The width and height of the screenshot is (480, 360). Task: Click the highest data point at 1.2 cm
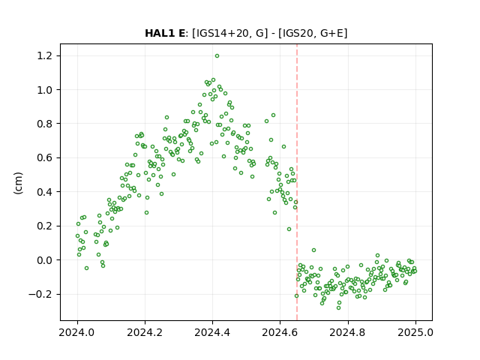[x=217, y=56]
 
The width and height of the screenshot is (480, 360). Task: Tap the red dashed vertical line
[x=297, y=182]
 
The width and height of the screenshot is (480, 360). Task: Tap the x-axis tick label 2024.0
[x=77, y=332]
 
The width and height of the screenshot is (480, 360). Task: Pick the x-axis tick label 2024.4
[x=212, y=332]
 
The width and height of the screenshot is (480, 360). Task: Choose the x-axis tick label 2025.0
[x=415, y=332]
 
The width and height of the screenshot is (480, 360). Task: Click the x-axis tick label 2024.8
[x=348, y=332]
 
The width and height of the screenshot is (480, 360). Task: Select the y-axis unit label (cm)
[x=18, y=183]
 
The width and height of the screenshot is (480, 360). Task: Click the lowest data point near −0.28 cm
[x=338, y=307]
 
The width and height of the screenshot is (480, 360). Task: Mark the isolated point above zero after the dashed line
[x=313, y=250]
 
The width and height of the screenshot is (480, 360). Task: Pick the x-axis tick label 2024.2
[x=145, y=332]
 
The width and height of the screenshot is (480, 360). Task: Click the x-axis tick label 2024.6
[x=280, y=332]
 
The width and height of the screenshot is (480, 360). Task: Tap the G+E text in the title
[x=331, y=33]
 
